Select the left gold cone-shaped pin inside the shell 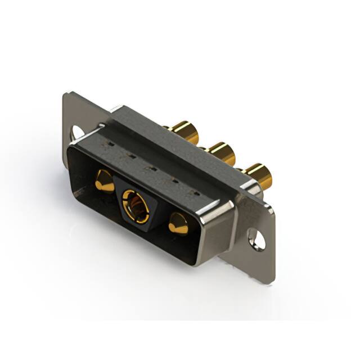(103, 181)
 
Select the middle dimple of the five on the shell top (147, 168)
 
